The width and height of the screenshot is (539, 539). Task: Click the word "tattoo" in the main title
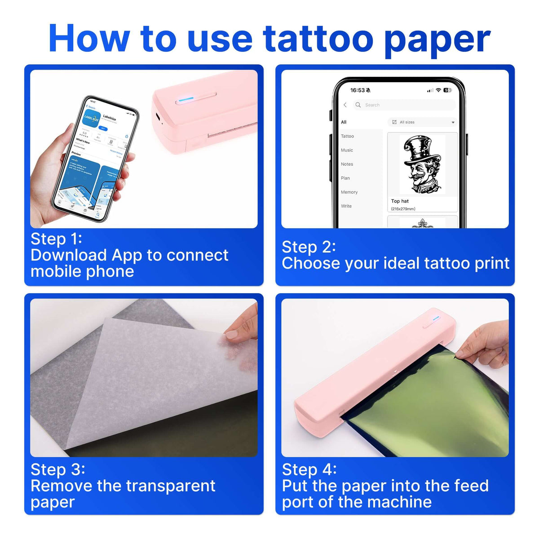[318, 40]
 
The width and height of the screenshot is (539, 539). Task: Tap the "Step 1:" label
[56, 239]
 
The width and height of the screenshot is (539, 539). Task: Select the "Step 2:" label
[309, 247]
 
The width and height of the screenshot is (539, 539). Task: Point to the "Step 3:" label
[58, 469]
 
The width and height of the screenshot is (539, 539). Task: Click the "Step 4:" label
[309, 469]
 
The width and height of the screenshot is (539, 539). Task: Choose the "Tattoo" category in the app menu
[347, 136]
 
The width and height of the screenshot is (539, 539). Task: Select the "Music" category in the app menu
[347, 150]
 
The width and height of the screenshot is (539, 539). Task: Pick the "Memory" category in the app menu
[349, 192]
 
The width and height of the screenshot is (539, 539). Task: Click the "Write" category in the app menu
[346, 206]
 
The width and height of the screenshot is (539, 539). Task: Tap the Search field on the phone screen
[404, 105]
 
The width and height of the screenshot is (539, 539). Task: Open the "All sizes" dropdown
[422, 122]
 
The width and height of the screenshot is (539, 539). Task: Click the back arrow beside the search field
[345, 105]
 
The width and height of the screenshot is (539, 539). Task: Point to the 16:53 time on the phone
[358, 90]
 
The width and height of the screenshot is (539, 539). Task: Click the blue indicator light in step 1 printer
[186, 99]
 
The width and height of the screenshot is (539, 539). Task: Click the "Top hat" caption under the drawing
[400, 201]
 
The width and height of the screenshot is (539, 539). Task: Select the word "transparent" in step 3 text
[171, 486]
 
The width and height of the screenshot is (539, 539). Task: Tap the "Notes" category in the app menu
[347, 164]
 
